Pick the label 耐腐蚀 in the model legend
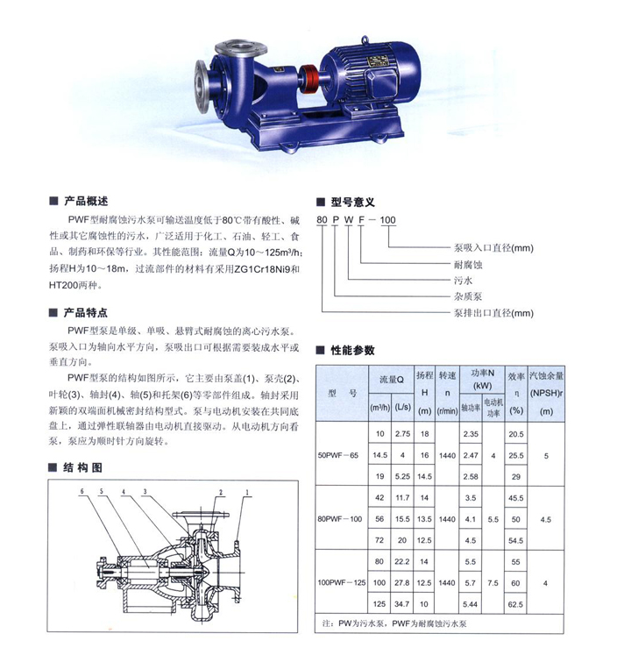click(468, 264)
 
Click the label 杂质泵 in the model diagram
click(468, 296)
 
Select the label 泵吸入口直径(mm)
click(493, 248)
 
